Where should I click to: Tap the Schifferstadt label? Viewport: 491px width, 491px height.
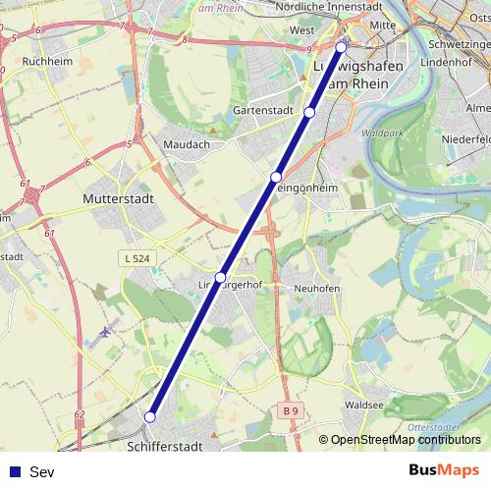tap(164, 447)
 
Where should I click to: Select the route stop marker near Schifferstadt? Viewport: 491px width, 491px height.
tap(149, 416)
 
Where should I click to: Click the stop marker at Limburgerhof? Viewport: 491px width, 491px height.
tap(221, 277)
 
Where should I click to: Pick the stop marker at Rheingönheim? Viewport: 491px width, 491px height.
tap(276, 177)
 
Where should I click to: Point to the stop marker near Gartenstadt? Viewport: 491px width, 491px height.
tap(309, 113)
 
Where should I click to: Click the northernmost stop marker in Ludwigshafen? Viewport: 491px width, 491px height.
tap(342, 47)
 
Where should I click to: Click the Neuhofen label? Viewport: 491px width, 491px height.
tap(316, 289)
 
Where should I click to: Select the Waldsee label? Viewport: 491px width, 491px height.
tap(364, 404)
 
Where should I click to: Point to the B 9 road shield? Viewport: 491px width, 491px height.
tap(287, 409)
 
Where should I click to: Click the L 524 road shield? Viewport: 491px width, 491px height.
tap(138, 258)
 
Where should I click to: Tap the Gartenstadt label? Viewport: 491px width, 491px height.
tap(264, 111)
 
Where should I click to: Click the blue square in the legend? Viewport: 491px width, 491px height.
tap(15, 472)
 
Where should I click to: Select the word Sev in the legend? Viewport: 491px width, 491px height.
tap(41, 472)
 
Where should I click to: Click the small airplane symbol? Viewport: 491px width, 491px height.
tap(106, 331)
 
